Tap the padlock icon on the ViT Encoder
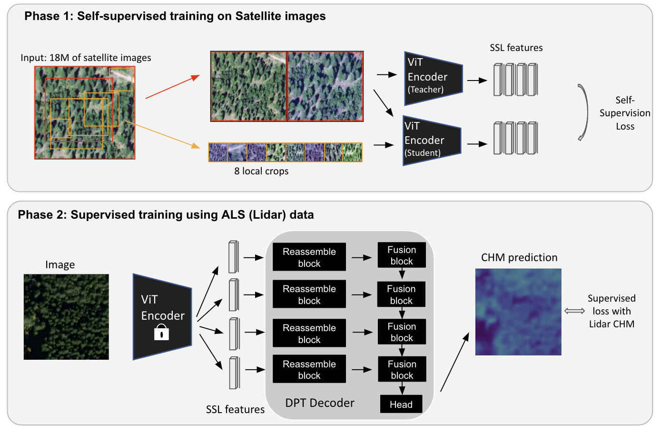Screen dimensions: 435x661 tap(162, 332)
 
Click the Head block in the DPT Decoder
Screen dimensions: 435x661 tap(401, 404)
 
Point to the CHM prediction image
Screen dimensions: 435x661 tap(518, 312)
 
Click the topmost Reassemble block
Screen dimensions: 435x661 tap(309, 257)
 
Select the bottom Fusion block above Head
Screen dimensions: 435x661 tap(402, 369)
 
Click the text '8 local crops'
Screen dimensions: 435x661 tap(261, 171)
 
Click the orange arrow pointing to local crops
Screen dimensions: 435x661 tap(164, 135)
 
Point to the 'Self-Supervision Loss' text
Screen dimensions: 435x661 tap(624, 113)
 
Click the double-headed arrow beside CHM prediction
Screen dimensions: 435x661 tap(574, 311)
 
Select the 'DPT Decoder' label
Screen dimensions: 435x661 tap(320, 403)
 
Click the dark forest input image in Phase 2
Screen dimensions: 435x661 tap(66, 316)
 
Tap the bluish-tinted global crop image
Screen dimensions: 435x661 tap(326, 86)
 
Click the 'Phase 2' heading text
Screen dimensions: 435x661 tap(166, 215)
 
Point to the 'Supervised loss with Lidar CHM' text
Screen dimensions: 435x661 tap(612, 311)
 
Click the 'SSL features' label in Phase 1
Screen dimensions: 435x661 tap(516, 48)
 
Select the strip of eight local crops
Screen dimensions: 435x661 tap(285, 152)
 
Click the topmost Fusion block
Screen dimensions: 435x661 tap(402, 255)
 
